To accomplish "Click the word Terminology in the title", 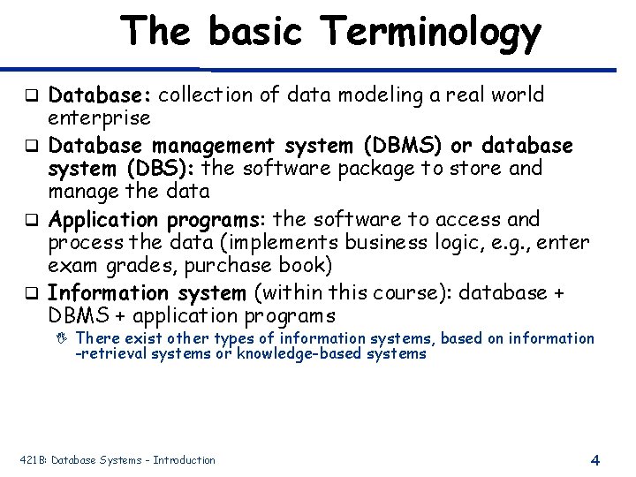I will point(432,33).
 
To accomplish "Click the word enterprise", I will point(98,117).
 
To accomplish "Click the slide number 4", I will point(594,459).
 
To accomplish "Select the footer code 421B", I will point(33,459).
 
